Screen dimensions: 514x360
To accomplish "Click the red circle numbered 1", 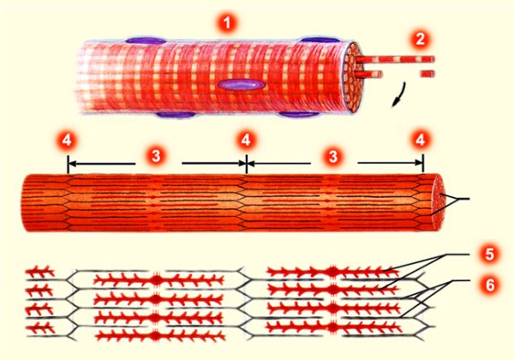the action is pyautogui.click(x=226, y=24).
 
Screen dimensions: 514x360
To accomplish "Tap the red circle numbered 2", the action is pyautogui.click(x=420, y=39).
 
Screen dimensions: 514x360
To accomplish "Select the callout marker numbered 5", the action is pyautogui.click(x=489, y=254).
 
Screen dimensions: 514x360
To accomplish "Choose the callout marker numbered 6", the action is pyautogui.click(x=489, y=285).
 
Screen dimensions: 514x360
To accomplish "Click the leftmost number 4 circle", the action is pyautogui.click(x=67, y=141).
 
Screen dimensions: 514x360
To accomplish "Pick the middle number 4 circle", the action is pyautogui.click(x=246, y=141).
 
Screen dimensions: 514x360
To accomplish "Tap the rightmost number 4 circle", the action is pyautogui.click(x=421, y=141).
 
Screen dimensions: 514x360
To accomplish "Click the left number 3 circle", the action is pyautogui.click(x=156, y=156).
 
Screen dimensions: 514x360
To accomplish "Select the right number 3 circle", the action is pyautogui.click(x=333, y=156).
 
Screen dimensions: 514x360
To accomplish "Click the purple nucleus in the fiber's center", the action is pyautogui.click(x=242, y=85).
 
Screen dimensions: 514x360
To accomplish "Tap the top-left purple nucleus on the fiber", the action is pyautogui.click(x=146, y=40).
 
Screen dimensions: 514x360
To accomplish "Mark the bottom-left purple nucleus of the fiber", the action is pyautogui.click(x=176, y=115).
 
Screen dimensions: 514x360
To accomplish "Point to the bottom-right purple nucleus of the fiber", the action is pyautogui.click(x=299, y=114).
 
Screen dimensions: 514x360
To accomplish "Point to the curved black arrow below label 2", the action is pyautogui.click(x=399, y=95).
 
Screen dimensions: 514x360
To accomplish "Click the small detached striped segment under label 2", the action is pyautogui.click(x=427, y=74).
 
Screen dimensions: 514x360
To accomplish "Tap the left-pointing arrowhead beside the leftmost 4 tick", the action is pyautogui.click(x=73, y=163).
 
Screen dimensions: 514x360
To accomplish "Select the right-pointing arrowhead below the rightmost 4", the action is pyautogui.click(x=418, y=163).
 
